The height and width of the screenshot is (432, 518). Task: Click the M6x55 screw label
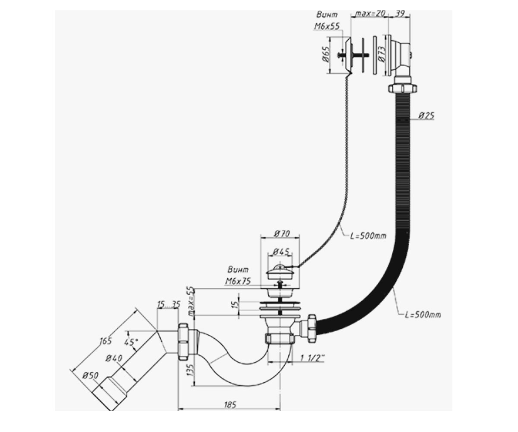(327, 26)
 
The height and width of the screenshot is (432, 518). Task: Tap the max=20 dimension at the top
(370, 13)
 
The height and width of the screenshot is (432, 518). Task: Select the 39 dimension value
(399, 13)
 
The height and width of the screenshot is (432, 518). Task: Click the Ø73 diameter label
(382, 54)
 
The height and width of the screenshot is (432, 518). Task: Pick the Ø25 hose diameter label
(426, 115)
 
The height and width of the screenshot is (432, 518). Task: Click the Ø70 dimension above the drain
(282, 234)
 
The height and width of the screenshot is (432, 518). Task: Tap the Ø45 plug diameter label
(281, 252)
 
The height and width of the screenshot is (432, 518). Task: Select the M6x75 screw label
(238, 281)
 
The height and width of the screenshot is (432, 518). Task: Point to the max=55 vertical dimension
(191, 301)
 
